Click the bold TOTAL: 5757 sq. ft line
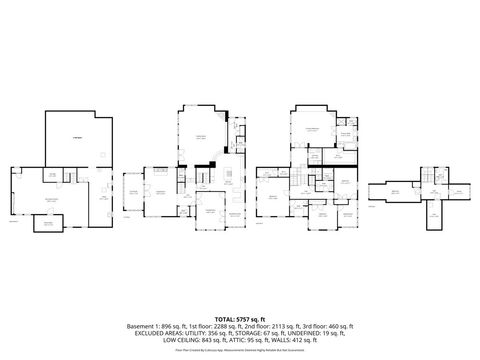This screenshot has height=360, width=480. pos(239,317)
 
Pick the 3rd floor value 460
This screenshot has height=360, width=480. pos(340,326)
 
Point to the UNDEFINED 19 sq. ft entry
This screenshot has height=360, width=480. pos(321,334)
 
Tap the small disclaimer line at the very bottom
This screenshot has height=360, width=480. pos(239,351)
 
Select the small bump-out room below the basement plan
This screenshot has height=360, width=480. pos(45,226)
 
